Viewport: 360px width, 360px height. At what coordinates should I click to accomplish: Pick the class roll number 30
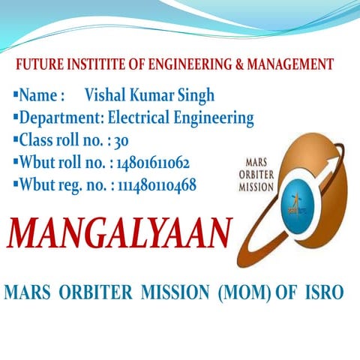point(101,140)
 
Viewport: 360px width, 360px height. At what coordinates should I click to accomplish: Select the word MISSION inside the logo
point(256,188)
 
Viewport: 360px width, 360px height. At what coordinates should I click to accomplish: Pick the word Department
point(61,118)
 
